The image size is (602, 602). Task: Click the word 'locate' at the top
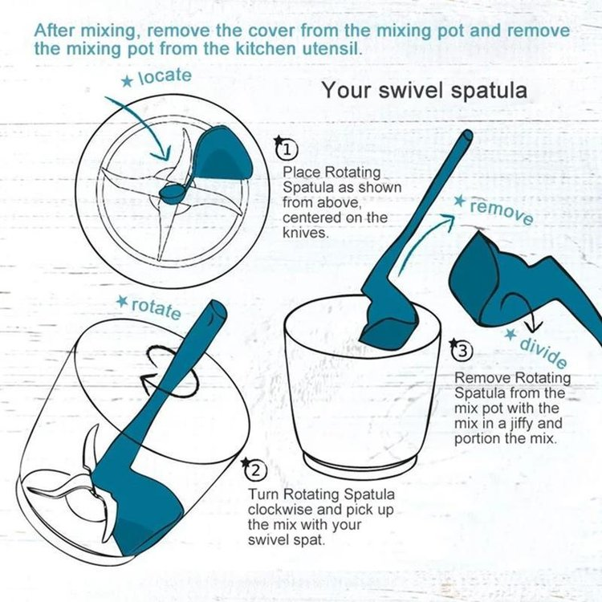[165, 77]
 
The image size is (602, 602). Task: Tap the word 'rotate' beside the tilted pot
[156, 308]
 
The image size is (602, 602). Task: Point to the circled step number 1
[287, 149]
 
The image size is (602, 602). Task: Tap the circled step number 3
[462, 351]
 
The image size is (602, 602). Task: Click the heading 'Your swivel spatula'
[425, 90]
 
